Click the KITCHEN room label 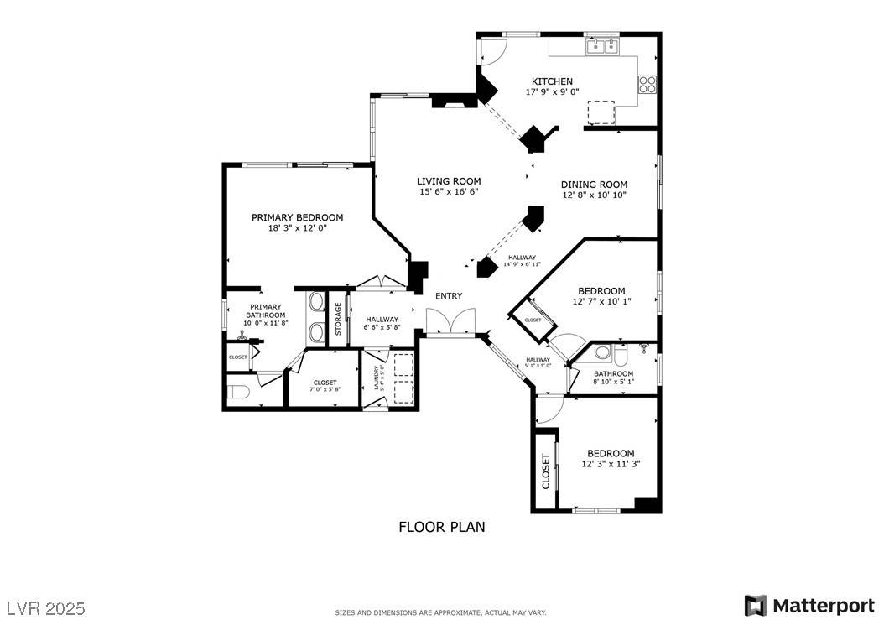click(x=552, y=81)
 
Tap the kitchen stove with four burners click(x=647, y=84)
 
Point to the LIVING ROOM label click(x=449, y=181)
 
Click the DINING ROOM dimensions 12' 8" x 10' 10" click(x=594, y=195)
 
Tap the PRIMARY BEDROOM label click(x=297, y=217)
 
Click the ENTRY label click(x=449, y=296)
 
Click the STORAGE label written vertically click(x=338, y=319)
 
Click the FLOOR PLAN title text click(x=441, y=527)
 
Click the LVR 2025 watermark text click(x=45, y=607)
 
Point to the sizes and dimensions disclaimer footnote click(x=441, y=613)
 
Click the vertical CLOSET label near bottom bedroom click(x=545, y=471)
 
